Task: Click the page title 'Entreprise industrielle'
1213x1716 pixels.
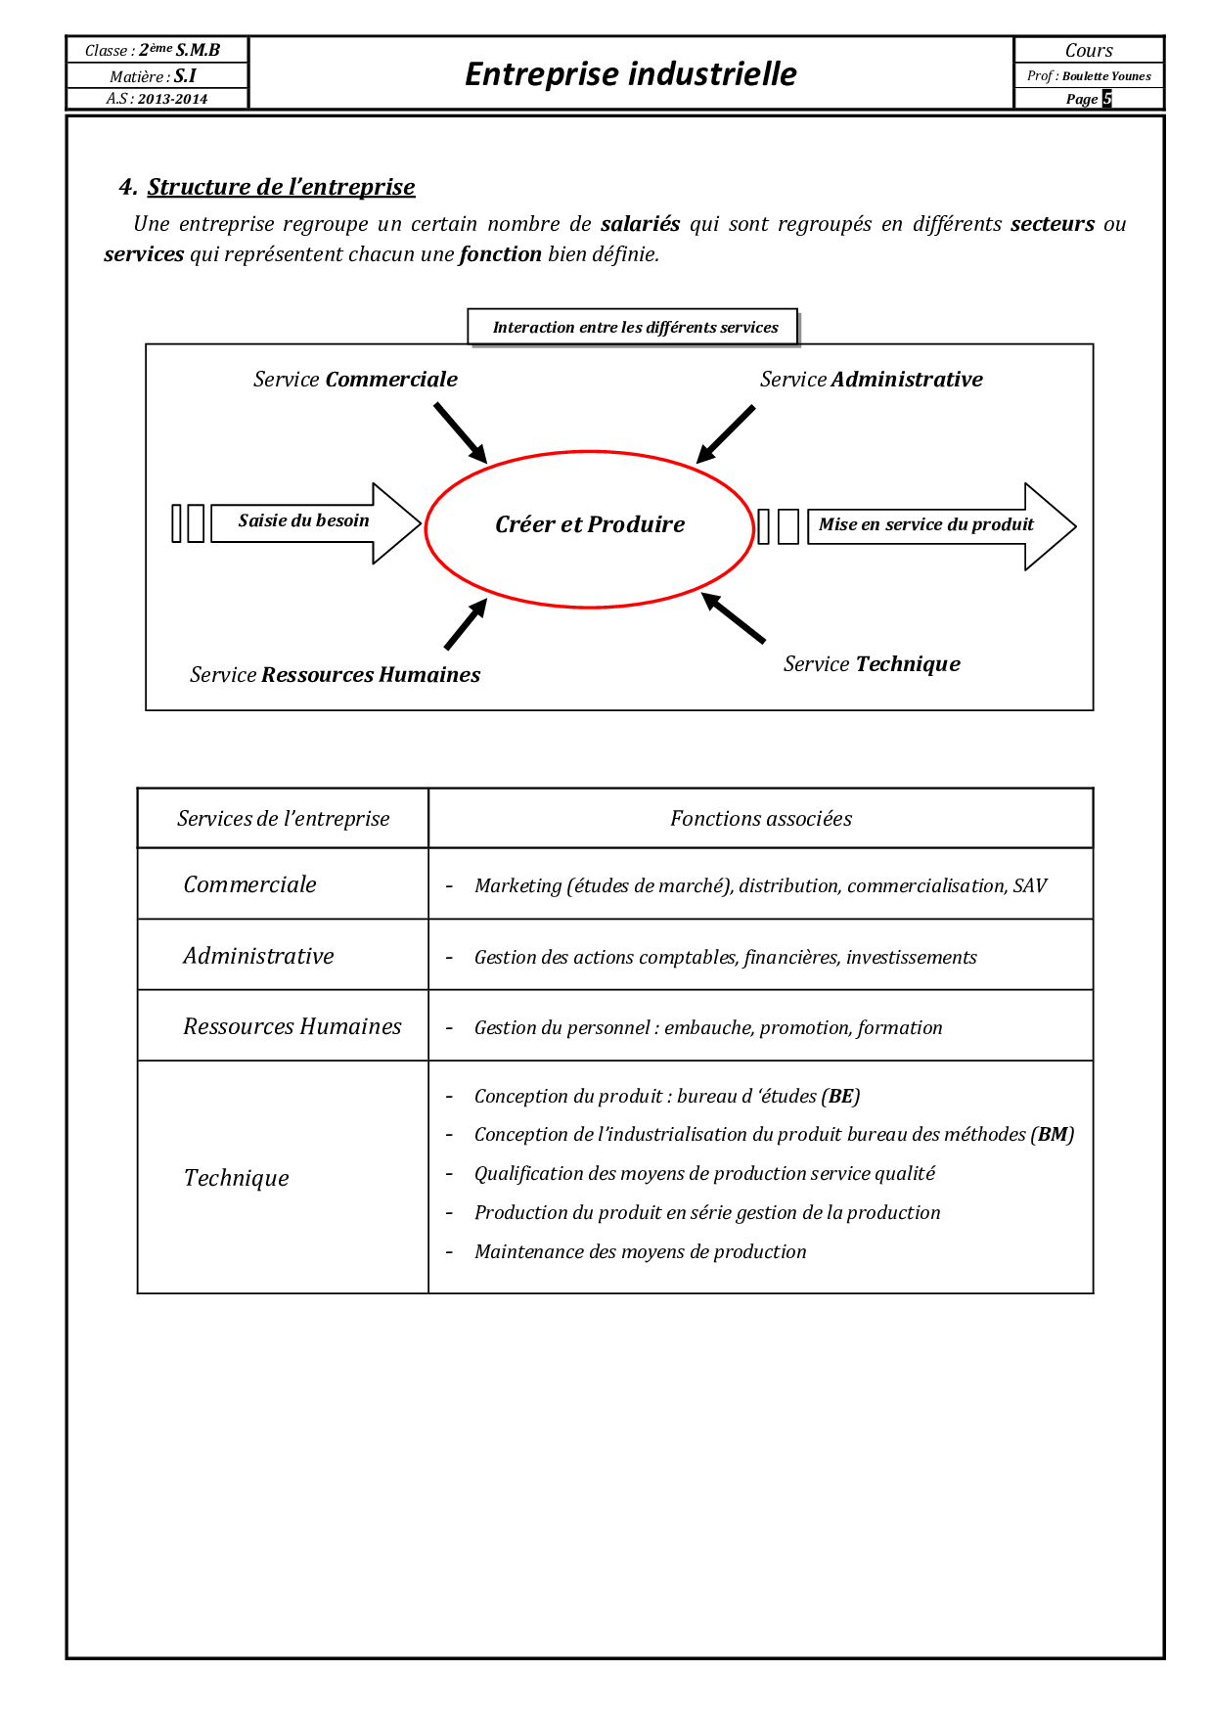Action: (631, 73)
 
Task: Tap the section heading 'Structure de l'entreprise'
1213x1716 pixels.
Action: (281, 187)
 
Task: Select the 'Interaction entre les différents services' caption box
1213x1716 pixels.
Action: (634, 327)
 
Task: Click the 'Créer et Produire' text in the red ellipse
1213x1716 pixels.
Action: (590, 524)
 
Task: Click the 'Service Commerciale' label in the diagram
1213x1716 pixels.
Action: (355, 380)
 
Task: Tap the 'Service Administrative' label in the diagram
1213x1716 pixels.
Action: (871, 380)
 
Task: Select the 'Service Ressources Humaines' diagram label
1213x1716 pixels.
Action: (335, 675)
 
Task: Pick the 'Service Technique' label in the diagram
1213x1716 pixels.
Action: (872, 664)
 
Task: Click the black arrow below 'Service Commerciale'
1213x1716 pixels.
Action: (460, 432)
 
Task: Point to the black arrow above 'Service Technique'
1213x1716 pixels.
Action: (734, 618)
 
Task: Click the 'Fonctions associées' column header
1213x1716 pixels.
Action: (760, 819)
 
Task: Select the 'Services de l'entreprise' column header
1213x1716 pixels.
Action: (283, 819)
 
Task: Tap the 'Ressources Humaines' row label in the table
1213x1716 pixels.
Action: (292, 1026)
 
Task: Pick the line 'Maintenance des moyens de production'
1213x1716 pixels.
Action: (640, 1252)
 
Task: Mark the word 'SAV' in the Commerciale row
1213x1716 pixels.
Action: (1030, 886)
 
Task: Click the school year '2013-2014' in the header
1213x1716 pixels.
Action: (172, 99)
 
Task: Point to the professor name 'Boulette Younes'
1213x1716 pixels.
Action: (1106, 76)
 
